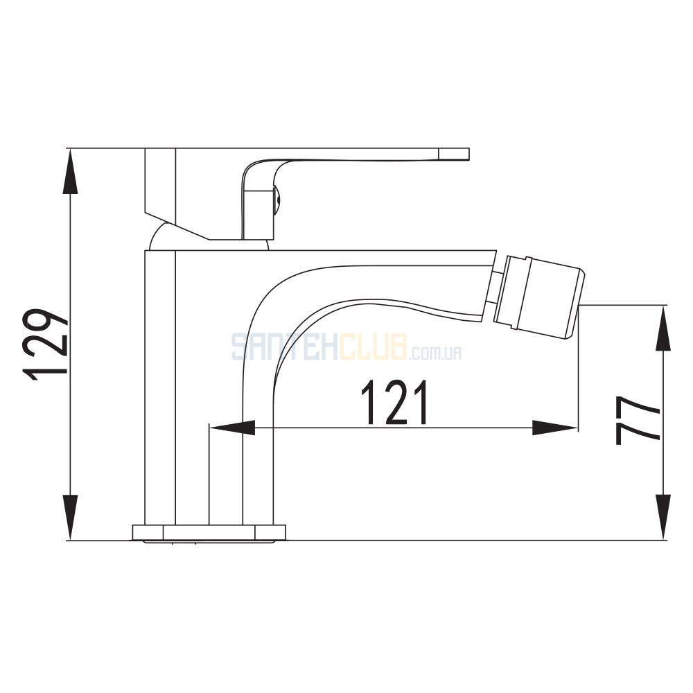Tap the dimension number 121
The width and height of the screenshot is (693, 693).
[x=395, y=402]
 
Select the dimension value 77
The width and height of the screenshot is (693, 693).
[x=638, y=420]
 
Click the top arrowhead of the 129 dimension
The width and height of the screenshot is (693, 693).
[x=71, y=171]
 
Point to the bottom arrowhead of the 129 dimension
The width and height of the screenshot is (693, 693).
[x=71, y=517]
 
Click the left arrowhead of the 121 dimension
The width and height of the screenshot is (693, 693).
[x=231, y=428]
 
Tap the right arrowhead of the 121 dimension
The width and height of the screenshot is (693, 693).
[x=554, y=428]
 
